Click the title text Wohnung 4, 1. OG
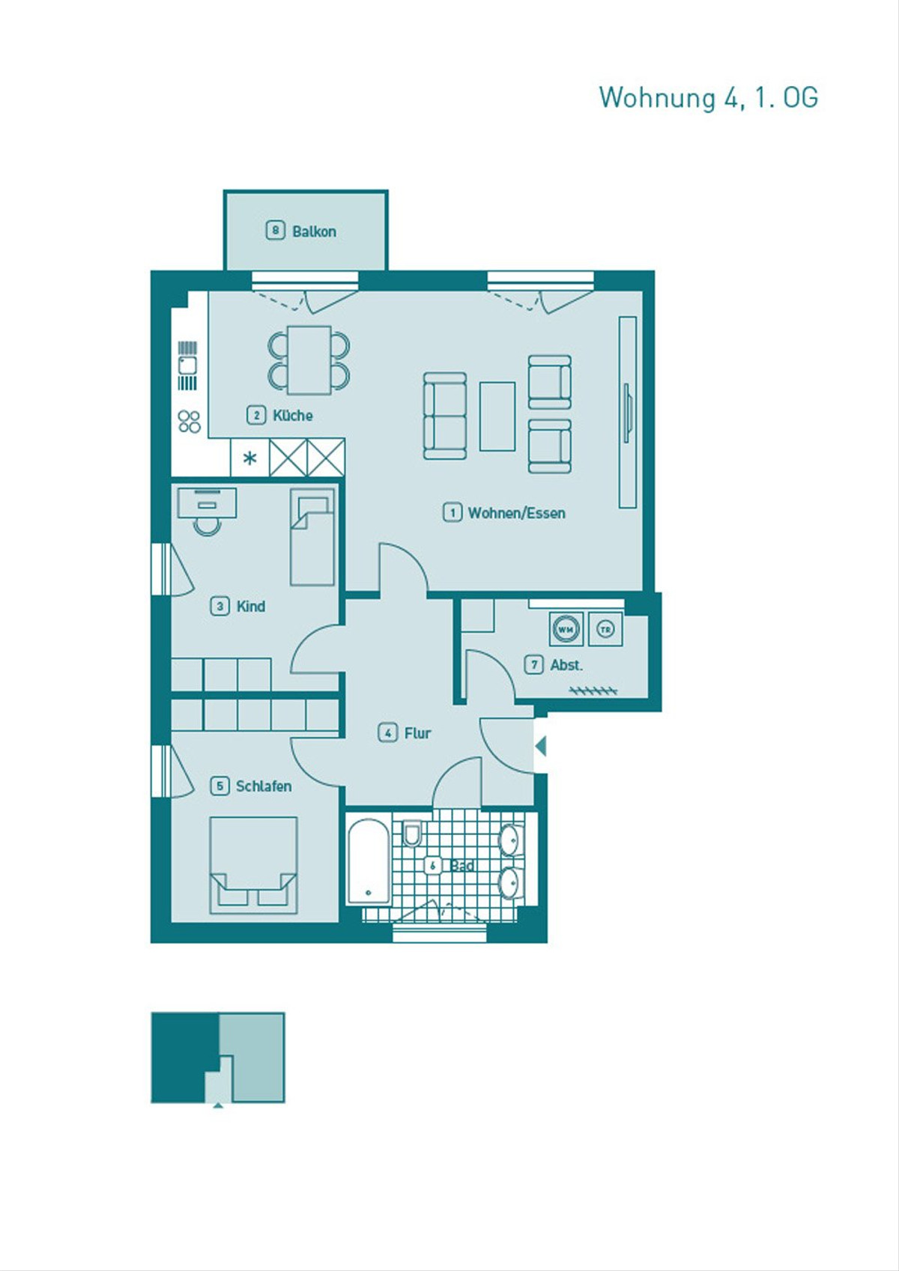[x=709, y=97]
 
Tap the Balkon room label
[x=314, y=231]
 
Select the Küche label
[x=293, y=416]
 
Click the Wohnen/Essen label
[x=516, y=513]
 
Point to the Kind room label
[x=250, y=607]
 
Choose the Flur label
[x=418, y=733]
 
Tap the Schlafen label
[x=264, y=786]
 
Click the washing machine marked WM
[x=566, y=629]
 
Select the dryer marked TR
[x=605, y=629]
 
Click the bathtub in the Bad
[x=369, y=861]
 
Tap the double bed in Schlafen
[x=253, y=865]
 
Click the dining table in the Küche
[x=309, y=360]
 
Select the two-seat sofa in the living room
[x=446, y=416]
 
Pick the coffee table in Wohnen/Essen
[x=497, y=416]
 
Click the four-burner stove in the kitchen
[x=190, y=422]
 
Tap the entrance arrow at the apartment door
[x=540, y=745]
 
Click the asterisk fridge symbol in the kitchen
[x=249, y=458]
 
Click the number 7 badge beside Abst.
[x=533, y=664]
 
